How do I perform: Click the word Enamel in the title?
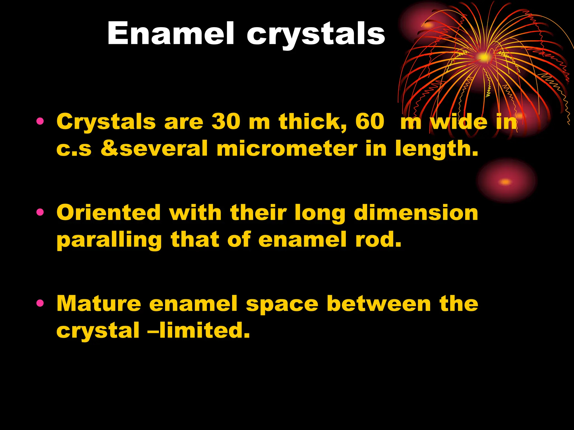170,34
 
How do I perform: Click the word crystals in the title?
316,35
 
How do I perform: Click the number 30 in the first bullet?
226,122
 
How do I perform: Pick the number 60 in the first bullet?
370,122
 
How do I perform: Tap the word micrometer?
287,149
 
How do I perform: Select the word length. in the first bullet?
436,149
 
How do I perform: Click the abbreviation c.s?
74,149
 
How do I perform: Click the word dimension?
416,213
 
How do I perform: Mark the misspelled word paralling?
109,240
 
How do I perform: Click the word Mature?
99,303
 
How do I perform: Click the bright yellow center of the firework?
484,57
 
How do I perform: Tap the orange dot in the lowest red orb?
506,182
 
